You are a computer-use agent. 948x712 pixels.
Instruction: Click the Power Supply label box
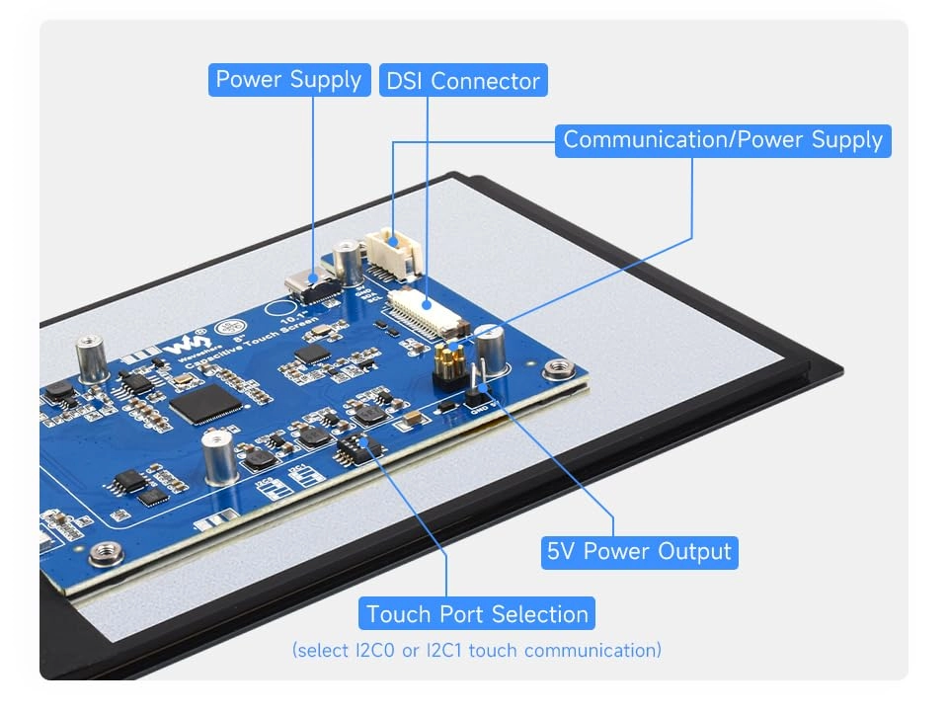pos(289,80)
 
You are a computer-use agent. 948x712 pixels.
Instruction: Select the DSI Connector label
pos(462,81)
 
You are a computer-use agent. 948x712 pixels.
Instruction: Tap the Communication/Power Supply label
pos(723,140)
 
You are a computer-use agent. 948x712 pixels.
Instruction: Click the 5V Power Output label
pos(640,551)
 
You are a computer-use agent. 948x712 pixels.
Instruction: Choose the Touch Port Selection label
pos(478,614)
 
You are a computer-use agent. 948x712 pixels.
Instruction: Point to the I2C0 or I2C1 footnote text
pos(477,650)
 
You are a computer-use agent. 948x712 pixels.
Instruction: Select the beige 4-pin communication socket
pos(394,251)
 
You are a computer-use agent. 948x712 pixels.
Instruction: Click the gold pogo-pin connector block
pos(448,362)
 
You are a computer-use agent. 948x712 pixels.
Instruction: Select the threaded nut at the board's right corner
pos(559,370)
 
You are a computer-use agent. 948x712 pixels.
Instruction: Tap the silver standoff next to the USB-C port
pos(347,259)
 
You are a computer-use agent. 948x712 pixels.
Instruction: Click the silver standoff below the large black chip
pos(219,456)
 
